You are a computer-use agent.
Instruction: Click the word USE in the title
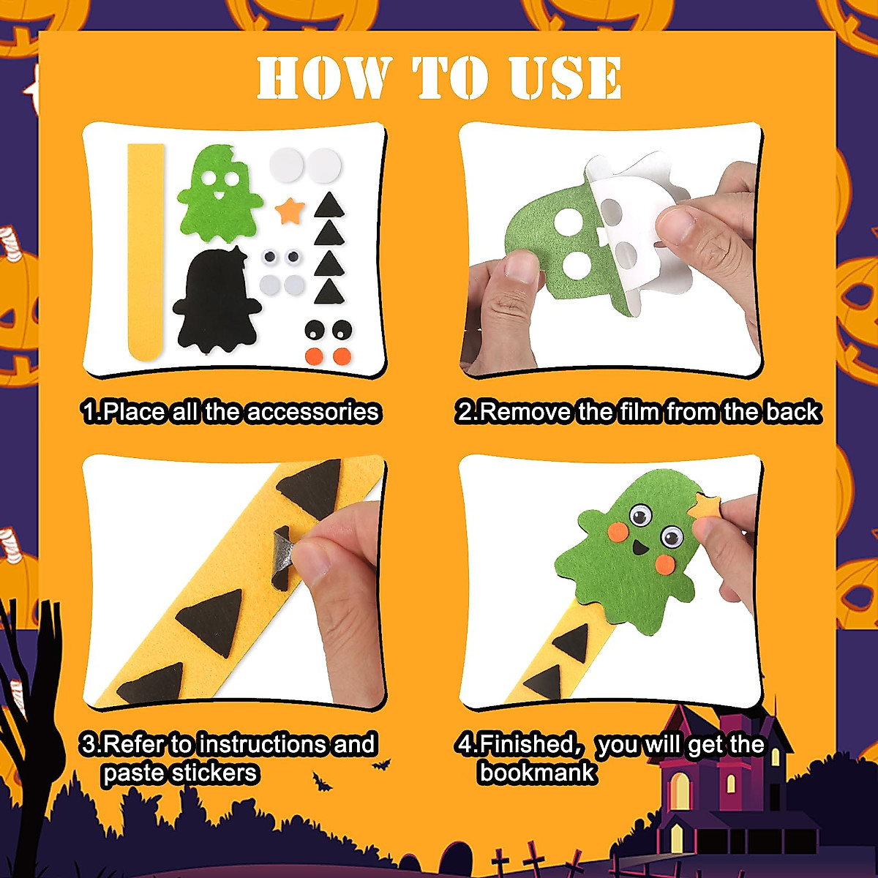(565, 78)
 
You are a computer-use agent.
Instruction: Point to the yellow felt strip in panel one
(145, 249)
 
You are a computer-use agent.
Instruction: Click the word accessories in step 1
(313, 412)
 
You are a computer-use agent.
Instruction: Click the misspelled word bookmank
(538, 773)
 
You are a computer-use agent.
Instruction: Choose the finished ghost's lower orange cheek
(665, 563)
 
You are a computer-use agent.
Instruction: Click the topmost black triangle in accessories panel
(329, 205)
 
